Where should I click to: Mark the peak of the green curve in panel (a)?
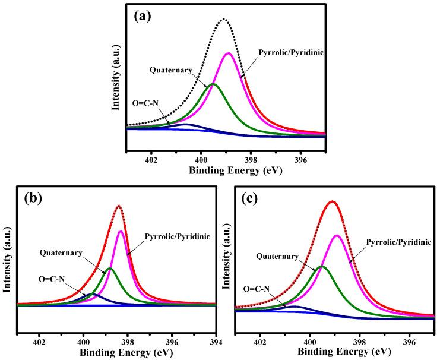(213, 84)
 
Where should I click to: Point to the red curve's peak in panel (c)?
(333, 201)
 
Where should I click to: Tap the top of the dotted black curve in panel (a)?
(224, 19)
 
